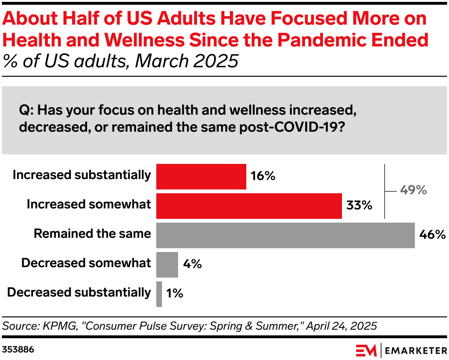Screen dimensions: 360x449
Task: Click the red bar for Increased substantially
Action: [201, 177]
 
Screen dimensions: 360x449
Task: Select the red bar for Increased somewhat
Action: [249, 206]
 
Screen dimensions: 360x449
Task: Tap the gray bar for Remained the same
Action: [285, 235]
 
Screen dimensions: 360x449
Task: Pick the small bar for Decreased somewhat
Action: [167, 264]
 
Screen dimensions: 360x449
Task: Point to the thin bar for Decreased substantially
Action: [159, 294]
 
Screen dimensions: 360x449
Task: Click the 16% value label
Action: [263, 177]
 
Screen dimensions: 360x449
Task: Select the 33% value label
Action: [359, 206]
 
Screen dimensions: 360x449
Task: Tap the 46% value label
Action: [432, 235]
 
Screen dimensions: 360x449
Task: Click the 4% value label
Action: [192, 264]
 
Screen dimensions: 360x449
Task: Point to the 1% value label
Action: [174, 294]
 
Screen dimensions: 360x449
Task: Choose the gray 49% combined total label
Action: [413, 191]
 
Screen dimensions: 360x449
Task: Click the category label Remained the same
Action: [92, 234]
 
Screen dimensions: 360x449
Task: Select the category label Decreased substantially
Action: [79, 292]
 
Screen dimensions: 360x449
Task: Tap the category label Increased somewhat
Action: [89, 205]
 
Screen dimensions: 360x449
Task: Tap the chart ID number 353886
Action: [18, 350]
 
